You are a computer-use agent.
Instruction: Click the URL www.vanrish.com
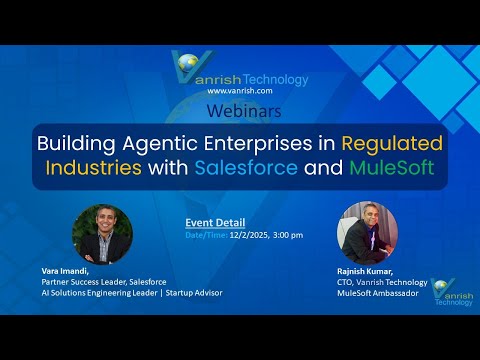coord(240,91)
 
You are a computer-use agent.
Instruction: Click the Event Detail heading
coord(216,222)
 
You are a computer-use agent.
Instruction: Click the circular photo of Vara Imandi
coord(103,234)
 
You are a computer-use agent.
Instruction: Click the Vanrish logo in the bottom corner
coord(448,291)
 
